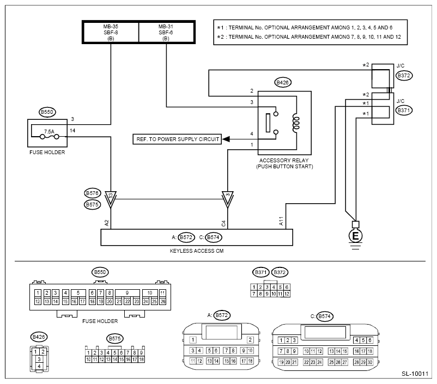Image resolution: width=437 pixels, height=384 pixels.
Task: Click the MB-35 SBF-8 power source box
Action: (111, 32)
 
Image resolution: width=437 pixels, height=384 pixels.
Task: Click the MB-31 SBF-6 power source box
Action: (166, 32)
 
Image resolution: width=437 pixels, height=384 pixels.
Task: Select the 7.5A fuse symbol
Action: (50, 137)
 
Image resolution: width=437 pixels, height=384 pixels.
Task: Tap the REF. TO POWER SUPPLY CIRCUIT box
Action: (177, 139)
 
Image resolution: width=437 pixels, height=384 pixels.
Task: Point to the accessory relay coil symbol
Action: (296, 123)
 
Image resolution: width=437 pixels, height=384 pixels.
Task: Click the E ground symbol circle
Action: (355, 236)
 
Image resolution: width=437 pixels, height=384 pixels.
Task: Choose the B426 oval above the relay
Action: (283, 82)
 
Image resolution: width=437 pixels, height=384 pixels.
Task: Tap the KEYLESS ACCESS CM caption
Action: (197, 251)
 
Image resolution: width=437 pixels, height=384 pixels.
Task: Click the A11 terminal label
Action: (281, 221)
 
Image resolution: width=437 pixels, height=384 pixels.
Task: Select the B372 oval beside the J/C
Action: (404, 76)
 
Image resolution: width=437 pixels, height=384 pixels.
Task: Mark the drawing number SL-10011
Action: (415, 374)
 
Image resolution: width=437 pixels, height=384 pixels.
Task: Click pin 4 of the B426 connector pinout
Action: (39, 366)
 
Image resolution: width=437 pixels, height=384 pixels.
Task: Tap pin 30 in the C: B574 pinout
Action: (370, 362)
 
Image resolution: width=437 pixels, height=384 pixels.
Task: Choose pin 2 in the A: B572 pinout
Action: (250, 340)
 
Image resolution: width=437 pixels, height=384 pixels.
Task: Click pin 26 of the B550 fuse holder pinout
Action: (163, 302)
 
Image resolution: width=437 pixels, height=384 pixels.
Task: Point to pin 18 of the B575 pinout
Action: (141, 359)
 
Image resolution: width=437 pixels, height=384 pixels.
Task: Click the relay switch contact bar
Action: (268, 123)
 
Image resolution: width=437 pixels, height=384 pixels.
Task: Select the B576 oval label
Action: (92, 193)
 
